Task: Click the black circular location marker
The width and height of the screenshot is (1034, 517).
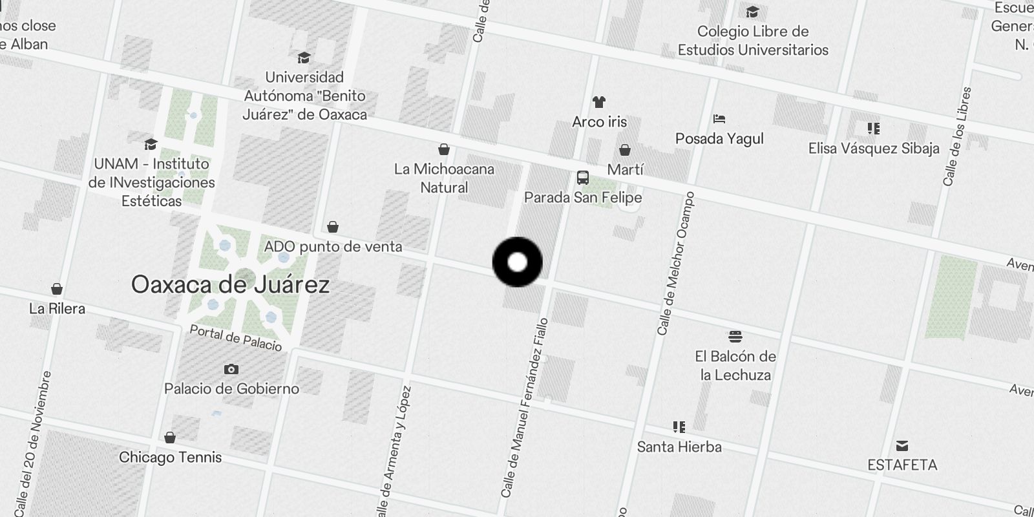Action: (517, 262)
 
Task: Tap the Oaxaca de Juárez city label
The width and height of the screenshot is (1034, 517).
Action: (230, 284)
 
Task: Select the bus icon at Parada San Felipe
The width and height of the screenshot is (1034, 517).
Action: (582, 178)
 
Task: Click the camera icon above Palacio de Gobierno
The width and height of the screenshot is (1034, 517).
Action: (231, 369)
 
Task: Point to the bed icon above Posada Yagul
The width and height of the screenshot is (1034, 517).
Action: (719, 119)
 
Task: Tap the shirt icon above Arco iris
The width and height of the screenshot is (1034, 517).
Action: (599, 102)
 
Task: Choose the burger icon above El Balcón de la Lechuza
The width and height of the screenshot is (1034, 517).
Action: (735, 337)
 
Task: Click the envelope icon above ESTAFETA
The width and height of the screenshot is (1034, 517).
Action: (902, 446)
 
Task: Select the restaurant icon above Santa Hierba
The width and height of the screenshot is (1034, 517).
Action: (679, 427)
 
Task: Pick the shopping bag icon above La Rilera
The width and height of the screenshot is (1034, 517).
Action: (57, 289)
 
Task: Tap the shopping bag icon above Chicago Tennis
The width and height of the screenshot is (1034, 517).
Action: (170, 438)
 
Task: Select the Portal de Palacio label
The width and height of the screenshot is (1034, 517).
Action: (236, 338)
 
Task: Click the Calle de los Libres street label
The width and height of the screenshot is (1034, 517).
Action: (957, 137)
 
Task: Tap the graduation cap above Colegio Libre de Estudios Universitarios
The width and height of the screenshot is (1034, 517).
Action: (752, 12)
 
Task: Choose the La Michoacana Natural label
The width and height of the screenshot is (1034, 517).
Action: (444, 178)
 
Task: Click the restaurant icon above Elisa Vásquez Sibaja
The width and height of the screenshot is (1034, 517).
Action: (874, 129)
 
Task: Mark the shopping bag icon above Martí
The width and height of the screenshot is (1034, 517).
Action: (625, 150)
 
